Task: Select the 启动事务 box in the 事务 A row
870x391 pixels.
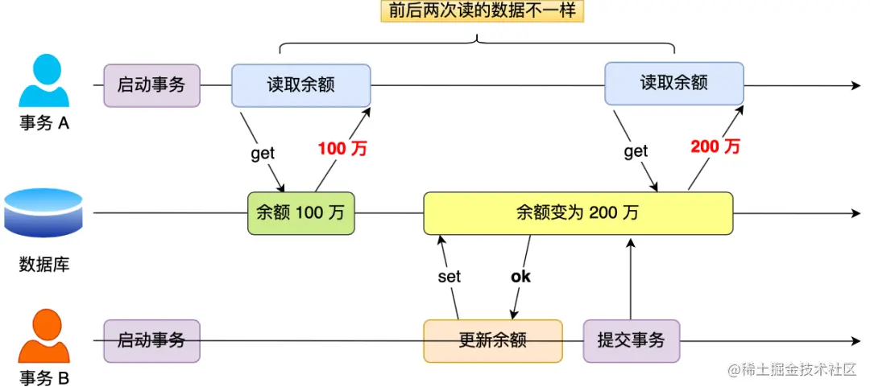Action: click(x=151, y=85)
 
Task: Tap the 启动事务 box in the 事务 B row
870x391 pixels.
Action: click(x=151, y=340)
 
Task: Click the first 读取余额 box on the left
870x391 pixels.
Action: click(x=300, y=85)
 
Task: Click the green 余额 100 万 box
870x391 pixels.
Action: click(x=300, y=213)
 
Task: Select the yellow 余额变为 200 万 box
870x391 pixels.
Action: click(x=578, y=213)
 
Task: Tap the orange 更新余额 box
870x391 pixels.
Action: click(x=492, y=340)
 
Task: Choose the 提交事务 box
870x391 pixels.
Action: click(x=631, y=340)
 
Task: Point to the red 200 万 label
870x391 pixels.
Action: click(x=715, y=146)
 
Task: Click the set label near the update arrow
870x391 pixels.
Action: click(x=449, y=277)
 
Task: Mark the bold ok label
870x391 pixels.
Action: click(x=520, y=277)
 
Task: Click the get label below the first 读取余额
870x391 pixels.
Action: click(x=263, y=154)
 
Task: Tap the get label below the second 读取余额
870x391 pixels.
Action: click(x=636, y=151)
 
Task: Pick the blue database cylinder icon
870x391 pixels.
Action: click(x=43, y=212)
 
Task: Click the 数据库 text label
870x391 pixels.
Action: click(x=43, y=264)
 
